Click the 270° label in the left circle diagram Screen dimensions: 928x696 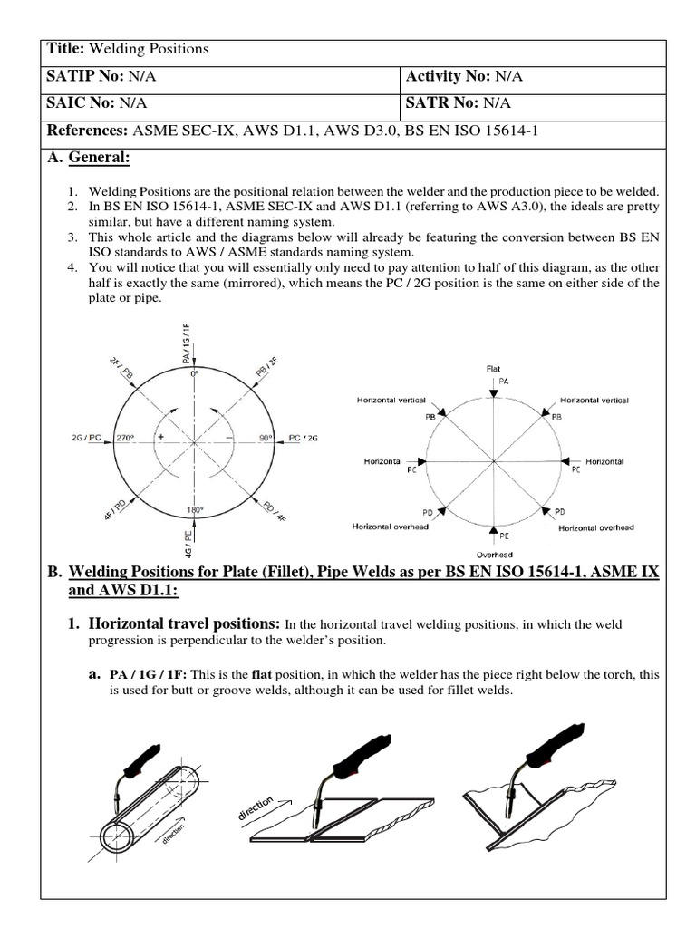click(125, 438)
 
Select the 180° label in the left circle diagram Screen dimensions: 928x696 click(192, 510)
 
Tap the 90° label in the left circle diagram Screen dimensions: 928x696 click(266, 438)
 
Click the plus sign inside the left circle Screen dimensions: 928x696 click(160, 437)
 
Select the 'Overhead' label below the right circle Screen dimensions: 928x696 click(494, 554)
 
